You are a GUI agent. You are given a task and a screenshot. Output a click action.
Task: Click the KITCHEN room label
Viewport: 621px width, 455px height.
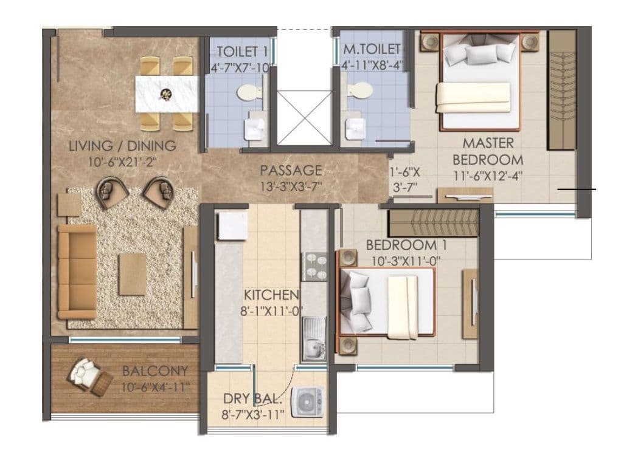pyautogui.click(x=271, y=295)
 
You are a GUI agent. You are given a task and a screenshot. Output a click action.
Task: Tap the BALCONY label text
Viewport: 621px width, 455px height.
pyautogui.click(x=154, y=371)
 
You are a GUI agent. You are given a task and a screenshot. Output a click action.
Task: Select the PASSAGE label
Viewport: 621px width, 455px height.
pyautogui.click(x=291, y=170)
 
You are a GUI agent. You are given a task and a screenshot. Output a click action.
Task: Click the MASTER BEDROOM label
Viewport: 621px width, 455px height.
pyautogui.click(x=488, y=152)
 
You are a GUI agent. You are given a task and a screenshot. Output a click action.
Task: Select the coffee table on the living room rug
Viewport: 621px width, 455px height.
pyautogui.click(x=132, y=270)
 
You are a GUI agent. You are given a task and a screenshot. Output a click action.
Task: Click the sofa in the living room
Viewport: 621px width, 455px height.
pyautogui.click(x=77, y=271)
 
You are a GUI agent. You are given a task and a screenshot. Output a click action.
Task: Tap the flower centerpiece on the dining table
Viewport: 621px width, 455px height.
pyautogui.click(x=165, y=94)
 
